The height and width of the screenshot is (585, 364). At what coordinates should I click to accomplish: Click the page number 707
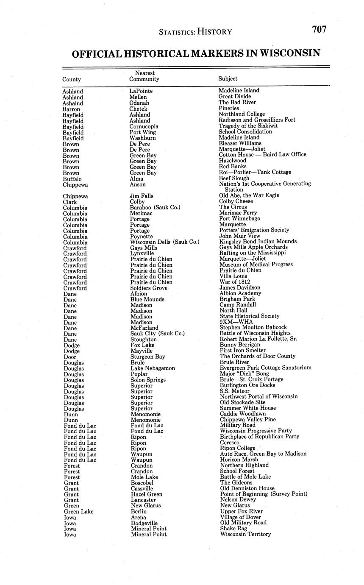[x=319, y=29]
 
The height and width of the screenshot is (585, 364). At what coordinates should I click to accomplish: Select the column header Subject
[x=228, y=78]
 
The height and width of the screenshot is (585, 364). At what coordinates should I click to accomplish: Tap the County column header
[x=71, y=79]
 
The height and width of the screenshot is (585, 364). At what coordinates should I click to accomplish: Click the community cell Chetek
[x=138, y=109]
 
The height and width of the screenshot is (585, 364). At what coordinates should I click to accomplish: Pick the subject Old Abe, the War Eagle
[x=249, y=195]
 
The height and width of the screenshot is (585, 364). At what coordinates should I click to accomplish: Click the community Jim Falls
[x=142, y=196]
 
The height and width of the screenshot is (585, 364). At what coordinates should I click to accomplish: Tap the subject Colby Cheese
[x=236, y=201]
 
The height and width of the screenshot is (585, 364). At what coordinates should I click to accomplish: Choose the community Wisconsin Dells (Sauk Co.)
[x=164, y=242]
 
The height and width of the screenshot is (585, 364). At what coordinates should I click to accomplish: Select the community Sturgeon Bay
[x=148, y=357]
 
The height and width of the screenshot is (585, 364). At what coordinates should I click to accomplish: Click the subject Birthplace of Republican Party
[x=259, y=437]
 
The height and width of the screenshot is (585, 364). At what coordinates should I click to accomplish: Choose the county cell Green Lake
[x=78, y=512]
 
